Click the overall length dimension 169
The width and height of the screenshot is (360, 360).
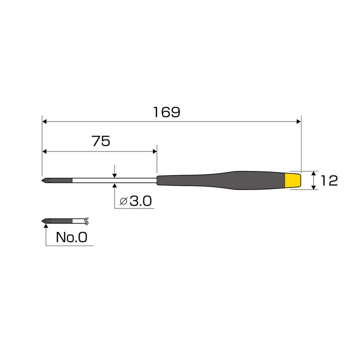[166, 112]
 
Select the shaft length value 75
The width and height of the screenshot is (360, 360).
[101, 141]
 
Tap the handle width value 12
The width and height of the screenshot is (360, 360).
[329, 180]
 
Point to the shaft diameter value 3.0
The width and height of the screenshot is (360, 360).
[140, 201]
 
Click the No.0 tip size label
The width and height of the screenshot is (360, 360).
[71, 237]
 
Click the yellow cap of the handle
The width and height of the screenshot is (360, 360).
[293, 180]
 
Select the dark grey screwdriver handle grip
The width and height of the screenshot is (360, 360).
[221, 180]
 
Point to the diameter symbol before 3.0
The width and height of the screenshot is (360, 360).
[123, 201]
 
